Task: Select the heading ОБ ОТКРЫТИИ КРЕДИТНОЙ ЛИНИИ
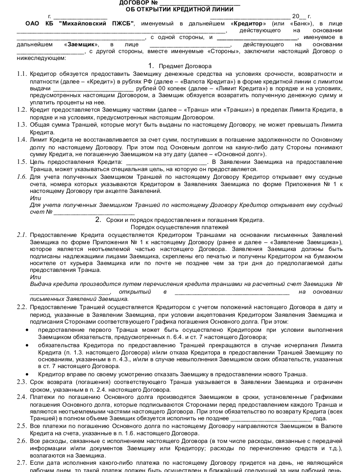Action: pyautogui.click(x=180, y=9)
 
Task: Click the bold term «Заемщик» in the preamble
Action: pyautogui.click(x=82, y=44)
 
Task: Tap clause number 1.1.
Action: pyautogui.click(x=22, y=74)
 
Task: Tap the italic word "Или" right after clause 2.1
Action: pyautogui.click(x=35, y=277)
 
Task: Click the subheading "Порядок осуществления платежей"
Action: pyautogui.click(x=180, y=227)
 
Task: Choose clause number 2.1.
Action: pyautogui.click(x=22, y=235)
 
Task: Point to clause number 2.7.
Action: pyautogui.click(x=22, y=462)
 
